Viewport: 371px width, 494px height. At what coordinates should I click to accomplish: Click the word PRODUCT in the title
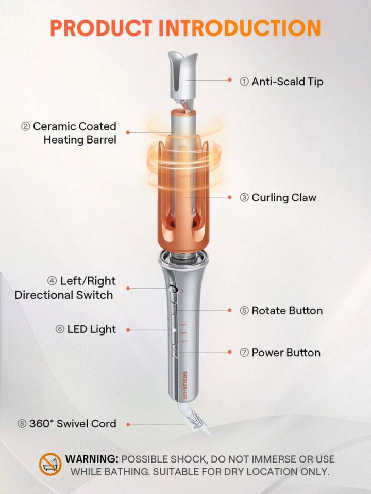(x=101, y=28)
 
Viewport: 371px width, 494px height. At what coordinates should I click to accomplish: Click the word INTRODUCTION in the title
(x=240, y=28)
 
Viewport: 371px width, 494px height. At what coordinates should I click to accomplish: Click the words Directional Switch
(x=64, y=295)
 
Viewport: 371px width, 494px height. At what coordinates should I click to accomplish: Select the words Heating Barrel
(x=80, y=139)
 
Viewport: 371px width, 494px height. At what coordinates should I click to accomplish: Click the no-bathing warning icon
(x=50, y=465)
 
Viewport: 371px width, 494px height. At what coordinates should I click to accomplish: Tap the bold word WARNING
(x=92, y=459)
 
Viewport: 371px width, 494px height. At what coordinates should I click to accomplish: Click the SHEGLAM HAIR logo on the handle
(x=184, y=384)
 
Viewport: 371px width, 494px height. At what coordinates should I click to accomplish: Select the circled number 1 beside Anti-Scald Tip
(x=244, y=82)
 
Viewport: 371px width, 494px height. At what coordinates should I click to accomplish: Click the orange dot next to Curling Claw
(x=229, y=198)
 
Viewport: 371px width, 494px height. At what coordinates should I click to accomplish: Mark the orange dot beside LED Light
(x=128, y=330)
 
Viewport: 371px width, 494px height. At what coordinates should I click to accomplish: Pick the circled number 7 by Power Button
(x=244, y=353)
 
